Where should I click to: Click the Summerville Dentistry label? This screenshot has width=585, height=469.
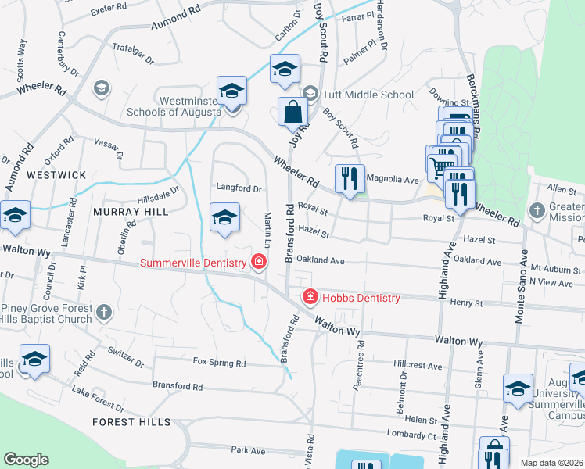click(x=195, y=263)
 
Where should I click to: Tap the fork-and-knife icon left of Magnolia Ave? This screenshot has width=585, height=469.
click(x=349, y=178)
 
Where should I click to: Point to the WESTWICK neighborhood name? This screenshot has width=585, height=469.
click(x=56, y=175)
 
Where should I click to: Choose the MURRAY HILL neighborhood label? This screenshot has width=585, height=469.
click(x=120, y=212)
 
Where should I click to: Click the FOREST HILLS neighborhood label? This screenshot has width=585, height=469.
click(x=131, y=422)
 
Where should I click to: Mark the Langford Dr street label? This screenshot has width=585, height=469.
click(x=238, y=188)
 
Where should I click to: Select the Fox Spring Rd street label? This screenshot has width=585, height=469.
click(x=219, y=363)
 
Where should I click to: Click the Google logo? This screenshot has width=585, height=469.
click(x=26, y=459)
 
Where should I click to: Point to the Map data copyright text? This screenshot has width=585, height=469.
click(x=552, y=463)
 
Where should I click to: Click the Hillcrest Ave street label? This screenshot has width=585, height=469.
click(x=418, y=365)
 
